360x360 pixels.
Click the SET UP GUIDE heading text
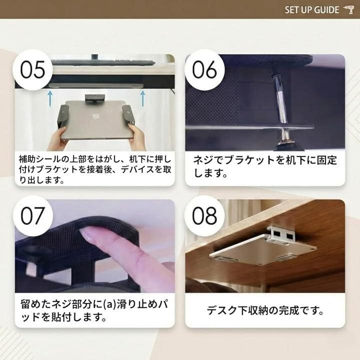point(312,10)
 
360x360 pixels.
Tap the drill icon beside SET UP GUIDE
point(348,10)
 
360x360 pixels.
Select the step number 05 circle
point(32,69)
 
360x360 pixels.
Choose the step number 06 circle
point(204,69)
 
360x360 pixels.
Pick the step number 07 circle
point(32,215)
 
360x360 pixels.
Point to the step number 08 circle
point(204,215)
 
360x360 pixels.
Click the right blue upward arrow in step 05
point(143,98)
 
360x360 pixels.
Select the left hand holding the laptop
point(57,138)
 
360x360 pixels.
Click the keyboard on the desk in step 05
point(102,62)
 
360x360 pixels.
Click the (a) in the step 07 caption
point(109,304)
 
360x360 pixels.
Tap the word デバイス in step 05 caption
point(137,169)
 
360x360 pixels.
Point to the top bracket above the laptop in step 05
point(95,98)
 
